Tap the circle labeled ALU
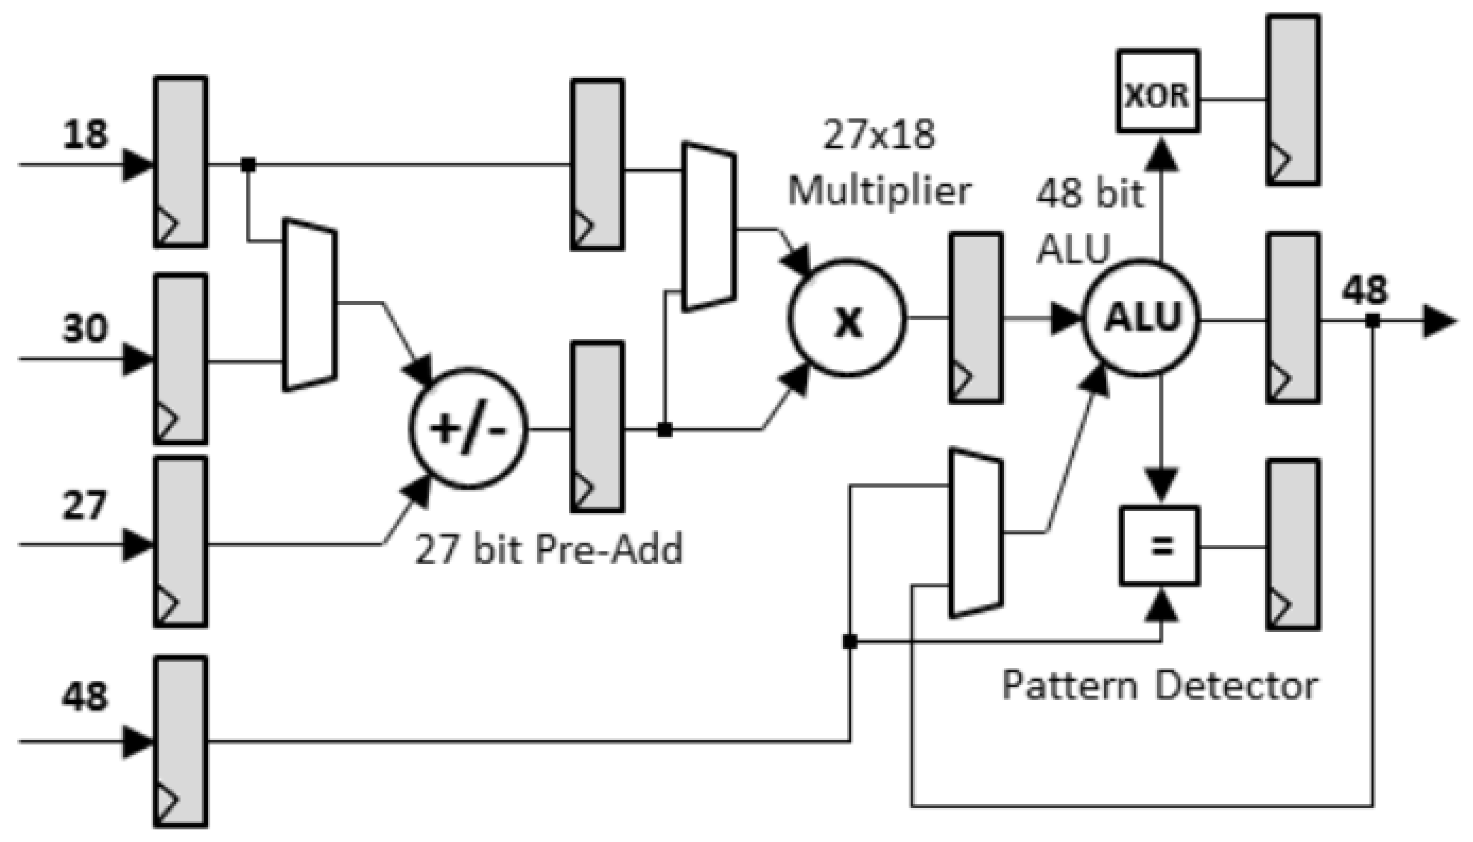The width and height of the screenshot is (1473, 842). click(1141, 319)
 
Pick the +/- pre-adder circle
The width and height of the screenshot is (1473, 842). click(468, 428)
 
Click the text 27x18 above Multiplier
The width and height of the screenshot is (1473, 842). click(878, 135)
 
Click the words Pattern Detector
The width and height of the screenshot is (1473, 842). click(1160, 686)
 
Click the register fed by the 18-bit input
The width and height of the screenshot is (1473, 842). click(181, 161)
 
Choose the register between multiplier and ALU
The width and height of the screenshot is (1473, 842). click(975, 318)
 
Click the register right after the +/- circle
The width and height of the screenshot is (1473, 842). click(597, 427)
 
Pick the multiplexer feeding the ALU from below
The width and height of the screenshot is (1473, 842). click(975, 533)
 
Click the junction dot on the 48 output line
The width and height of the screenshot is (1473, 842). click(1372, 320)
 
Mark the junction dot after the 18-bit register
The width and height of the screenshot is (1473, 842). click(248, 165)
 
